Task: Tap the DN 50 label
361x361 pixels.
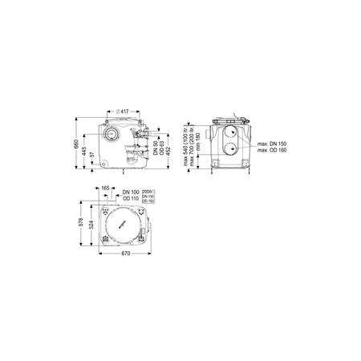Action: pos(153,145)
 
